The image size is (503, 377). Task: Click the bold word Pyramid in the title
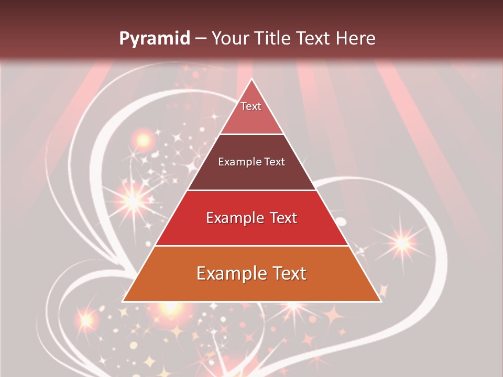click(x=154, y=39)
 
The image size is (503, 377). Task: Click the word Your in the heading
click(x=231, y=39)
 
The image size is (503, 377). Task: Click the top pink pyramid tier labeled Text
click(x=251, y=113)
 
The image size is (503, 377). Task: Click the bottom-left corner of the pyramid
click(x=123, y=301)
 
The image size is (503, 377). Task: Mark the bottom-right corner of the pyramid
click(x=380, y=301)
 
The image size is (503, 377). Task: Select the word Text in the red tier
click(x=281, y=218)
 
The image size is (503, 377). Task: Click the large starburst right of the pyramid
click(x=402, y=242)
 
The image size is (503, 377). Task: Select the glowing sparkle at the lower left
click(x=85, y=318)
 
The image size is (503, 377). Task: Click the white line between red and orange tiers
click(x=251, y=246)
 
